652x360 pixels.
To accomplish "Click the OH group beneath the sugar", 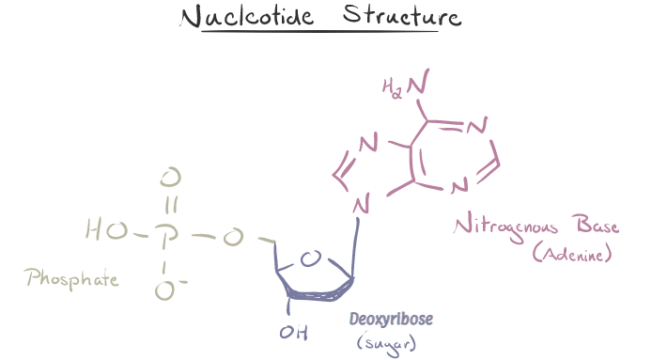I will [291, 331].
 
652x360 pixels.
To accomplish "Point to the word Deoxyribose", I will [391, 320].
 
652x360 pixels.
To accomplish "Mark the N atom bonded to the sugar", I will [361, 201].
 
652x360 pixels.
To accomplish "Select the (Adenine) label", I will [570, 254].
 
